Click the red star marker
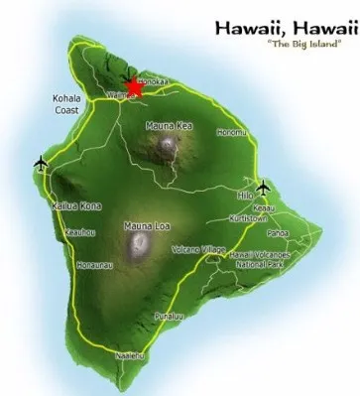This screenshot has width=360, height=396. (136, 88)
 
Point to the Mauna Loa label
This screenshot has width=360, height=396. (146, 226)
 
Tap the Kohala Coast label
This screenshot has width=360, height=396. (70, 105)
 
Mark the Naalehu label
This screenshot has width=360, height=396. (130, 354)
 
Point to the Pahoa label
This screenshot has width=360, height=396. (277, 234)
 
